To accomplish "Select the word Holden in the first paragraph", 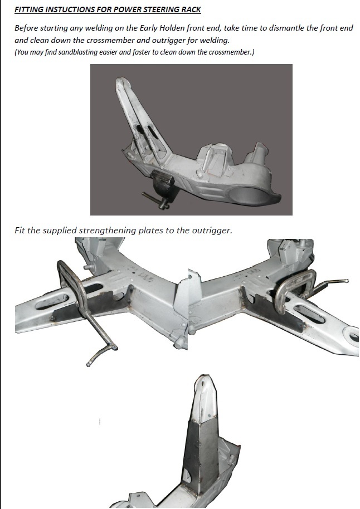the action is (x=172, y=28).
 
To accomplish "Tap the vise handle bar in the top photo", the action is (x=155, y=200).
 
